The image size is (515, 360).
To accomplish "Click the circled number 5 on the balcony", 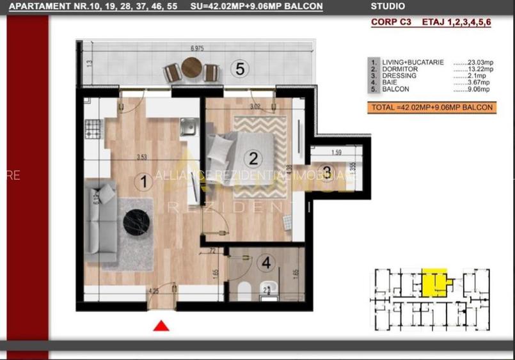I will tap(240, 68).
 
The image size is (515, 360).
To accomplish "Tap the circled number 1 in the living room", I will tap(145, 182).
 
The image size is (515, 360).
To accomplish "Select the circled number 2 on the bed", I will tap(253, 158).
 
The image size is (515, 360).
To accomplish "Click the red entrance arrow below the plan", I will tap(161, 325).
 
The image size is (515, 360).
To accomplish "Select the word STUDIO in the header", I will tap(388, 7).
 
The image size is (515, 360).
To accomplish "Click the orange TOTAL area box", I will tap(432, 107).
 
